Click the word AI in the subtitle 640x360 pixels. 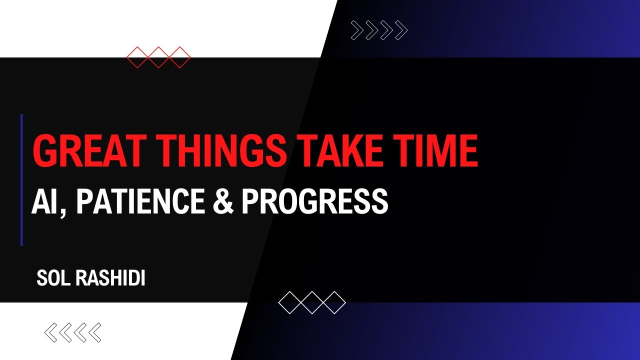44,201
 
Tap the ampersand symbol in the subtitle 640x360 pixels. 223,201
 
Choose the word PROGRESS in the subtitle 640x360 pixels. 314,201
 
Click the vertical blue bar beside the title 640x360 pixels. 21,180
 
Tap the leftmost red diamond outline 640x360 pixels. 137,57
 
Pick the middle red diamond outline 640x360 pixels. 158,57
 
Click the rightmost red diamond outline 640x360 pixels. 179,57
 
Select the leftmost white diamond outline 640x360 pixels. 289,302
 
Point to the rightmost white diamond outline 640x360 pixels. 334,302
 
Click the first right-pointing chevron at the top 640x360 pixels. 357,30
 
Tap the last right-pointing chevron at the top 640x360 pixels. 401,30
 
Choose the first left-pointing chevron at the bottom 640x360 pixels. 51,332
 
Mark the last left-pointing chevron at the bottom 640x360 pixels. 94,332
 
